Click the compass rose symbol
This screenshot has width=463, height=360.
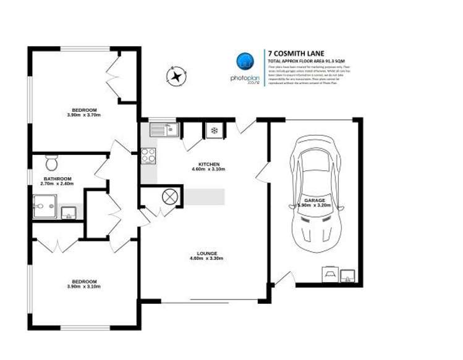[176, 77]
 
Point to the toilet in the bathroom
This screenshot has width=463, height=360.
[52, 164]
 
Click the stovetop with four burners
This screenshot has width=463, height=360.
[148, 156]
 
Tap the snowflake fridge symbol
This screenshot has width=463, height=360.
[214, 130]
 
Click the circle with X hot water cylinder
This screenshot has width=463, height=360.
[169, 196]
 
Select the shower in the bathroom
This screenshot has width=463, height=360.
[45, 206]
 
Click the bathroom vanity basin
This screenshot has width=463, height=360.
[69, 213]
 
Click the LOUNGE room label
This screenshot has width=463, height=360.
[206, 253]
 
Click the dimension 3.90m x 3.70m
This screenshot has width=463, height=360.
[83, 115]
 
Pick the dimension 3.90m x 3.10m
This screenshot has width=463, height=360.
[83, 287]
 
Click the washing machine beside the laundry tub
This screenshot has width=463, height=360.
[330, 274]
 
